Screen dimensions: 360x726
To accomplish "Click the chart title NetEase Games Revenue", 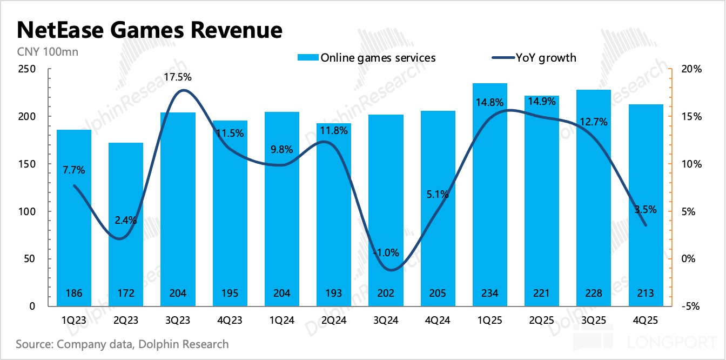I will click(149, 30).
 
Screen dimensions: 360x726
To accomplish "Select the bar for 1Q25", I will click(489, 195).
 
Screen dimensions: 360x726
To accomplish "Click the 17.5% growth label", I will click(178, 77).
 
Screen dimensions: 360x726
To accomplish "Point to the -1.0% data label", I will click(385, 252).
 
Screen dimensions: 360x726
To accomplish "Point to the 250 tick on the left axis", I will click(26, 69).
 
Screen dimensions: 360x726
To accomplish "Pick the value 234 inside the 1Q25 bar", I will click(489, 294).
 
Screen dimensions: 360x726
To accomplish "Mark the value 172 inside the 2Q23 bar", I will click(126, 294).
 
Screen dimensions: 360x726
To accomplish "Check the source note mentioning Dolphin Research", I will click(123, 344).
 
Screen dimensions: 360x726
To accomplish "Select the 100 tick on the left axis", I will click(26, 211).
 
